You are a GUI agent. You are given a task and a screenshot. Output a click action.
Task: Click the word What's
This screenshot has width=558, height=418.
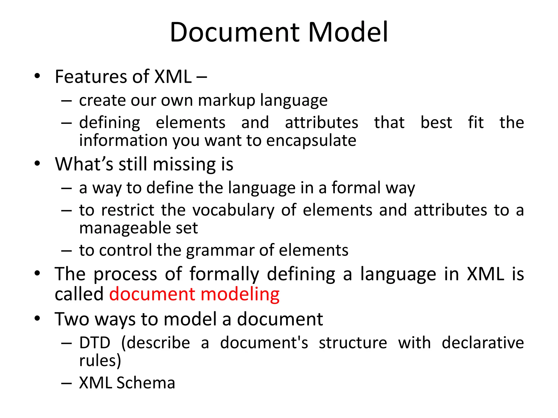click(84, 164)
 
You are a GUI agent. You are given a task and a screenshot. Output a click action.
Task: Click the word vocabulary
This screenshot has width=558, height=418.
click(233, 210)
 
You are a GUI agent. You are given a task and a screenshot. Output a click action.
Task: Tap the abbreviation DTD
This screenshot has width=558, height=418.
click(95, 343)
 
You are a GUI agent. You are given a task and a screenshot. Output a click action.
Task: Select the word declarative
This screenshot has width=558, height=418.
click(483, 343)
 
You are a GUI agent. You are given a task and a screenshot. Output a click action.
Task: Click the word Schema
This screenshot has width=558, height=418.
click(145, 383)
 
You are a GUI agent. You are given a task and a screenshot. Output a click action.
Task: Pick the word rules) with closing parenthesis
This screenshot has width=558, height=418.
click(100, 361)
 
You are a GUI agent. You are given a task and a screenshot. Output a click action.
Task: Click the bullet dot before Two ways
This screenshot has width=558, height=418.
click(37, 318)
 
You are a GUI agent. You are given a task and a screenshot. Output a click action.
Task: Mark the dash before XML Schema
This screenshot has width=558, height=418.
click(66, 383)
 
